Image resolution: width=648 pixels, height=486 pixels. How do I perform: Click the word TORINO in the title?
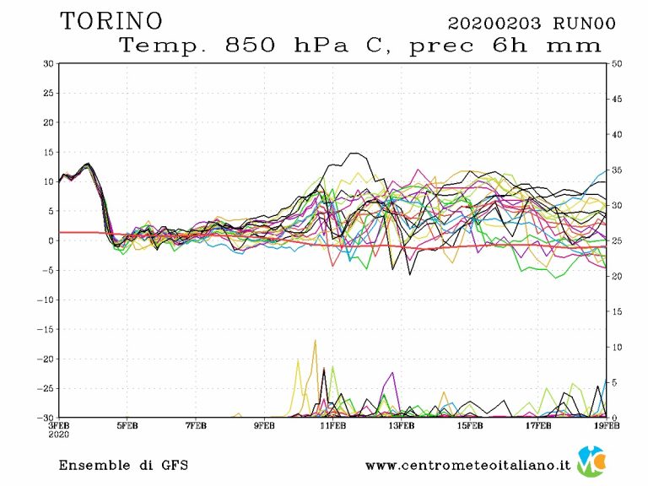[x=111, y=20]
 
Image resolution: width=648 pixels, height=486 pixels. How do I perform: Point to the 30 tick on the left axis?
[x=49, y=63]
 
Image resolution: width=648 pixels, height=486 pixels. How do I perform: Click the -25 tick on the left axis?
[x=46, y=388]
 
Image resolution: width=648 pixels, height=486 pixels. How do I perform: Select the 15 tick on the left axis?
[x=49, y=152]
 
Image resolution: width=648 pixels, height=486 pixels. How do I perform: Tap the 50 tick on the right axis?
[x=617, y=63]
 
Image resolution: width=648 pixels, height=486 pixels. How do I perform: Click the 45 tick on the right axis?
[x=617, y=99]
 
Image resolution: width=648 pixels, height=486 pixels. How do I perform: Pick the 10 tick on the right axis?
[x=617, y=347]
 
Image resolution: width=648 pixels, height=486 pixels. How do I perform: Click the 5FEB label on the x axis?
[x=127, y=425]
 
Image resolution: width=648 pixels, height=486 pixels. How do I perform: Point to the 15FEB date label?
[x=470, y=425]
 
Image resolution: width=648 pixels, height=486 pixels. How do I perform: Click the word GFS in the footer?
[x=173, y=465]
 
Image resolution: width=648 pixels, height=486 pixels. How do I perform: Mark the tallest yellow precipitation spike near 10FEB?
[x=316, y=341]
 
